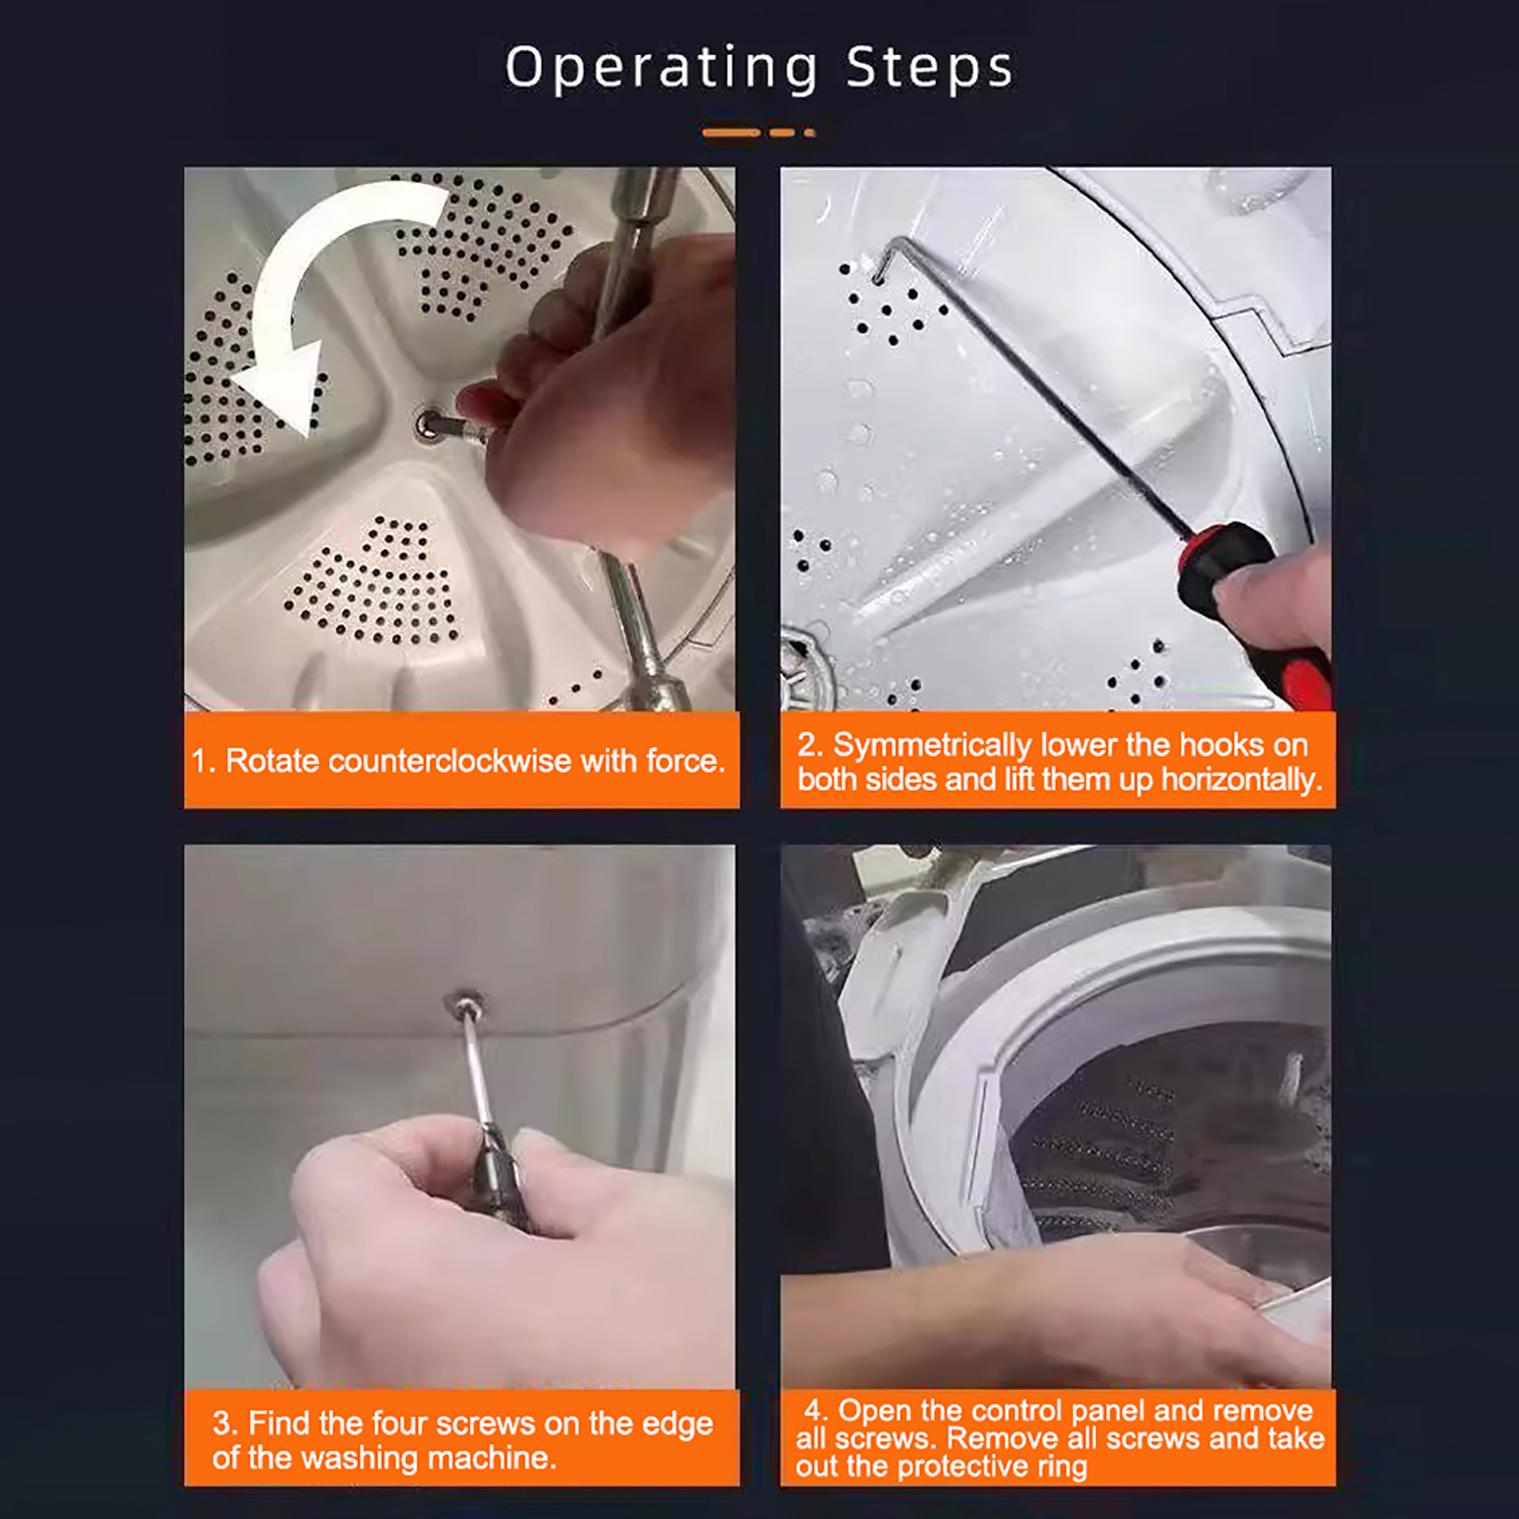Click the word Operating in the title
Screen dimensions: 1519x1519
point(661,68)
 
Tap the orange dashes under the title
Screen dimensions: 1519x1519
point(759,132)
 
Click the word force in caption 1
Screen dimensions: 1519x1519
point(683,760)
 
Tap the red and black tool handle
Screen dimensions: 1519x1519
point(1253,611)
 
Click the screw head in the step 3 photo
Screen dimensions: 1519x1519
point(466,1002)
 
